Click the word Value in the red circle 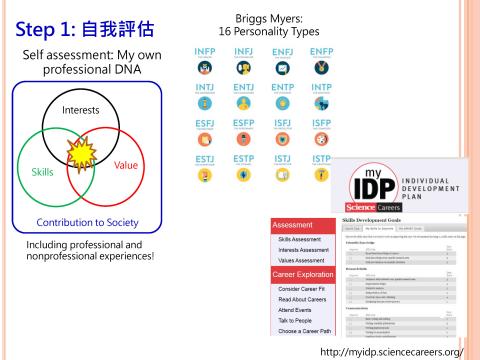tap(126, 165)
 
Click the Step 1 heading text tap(62, 22)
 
